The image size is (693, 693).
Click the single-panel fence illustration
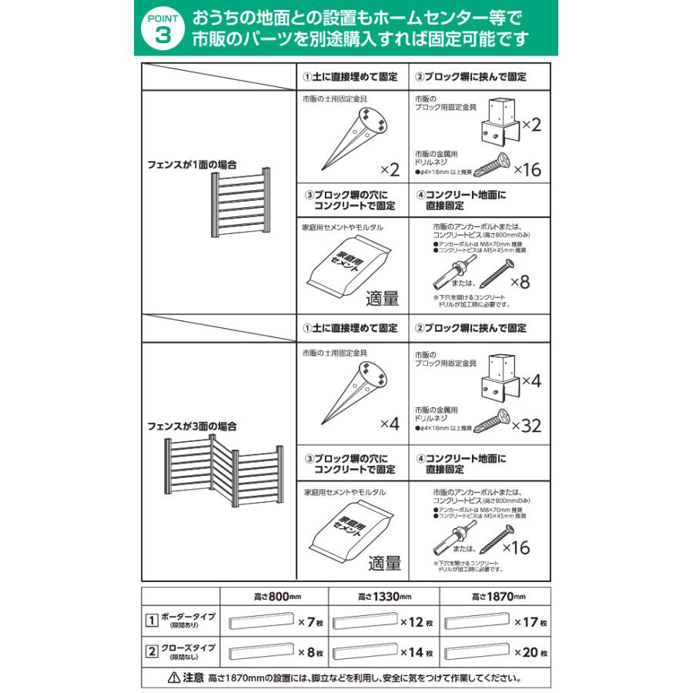click(x=239, y=204)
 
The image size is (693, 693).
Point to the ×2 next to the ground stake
click(x=390, y=169)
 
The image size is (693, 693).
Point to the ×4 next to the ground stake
click(x=390, y=423)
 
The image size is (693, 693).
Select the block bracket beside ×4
click(x=501, y=380)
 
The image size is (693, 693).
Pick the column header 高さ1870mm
click(x=494, y=597)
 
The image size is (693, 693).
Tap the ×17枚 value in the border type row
click(x=531, y=622)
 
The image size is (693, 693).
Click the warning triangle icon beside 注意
click(x=173, y=678)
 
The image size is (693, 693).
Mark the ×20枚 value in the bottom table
click(x=531, y=653)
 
